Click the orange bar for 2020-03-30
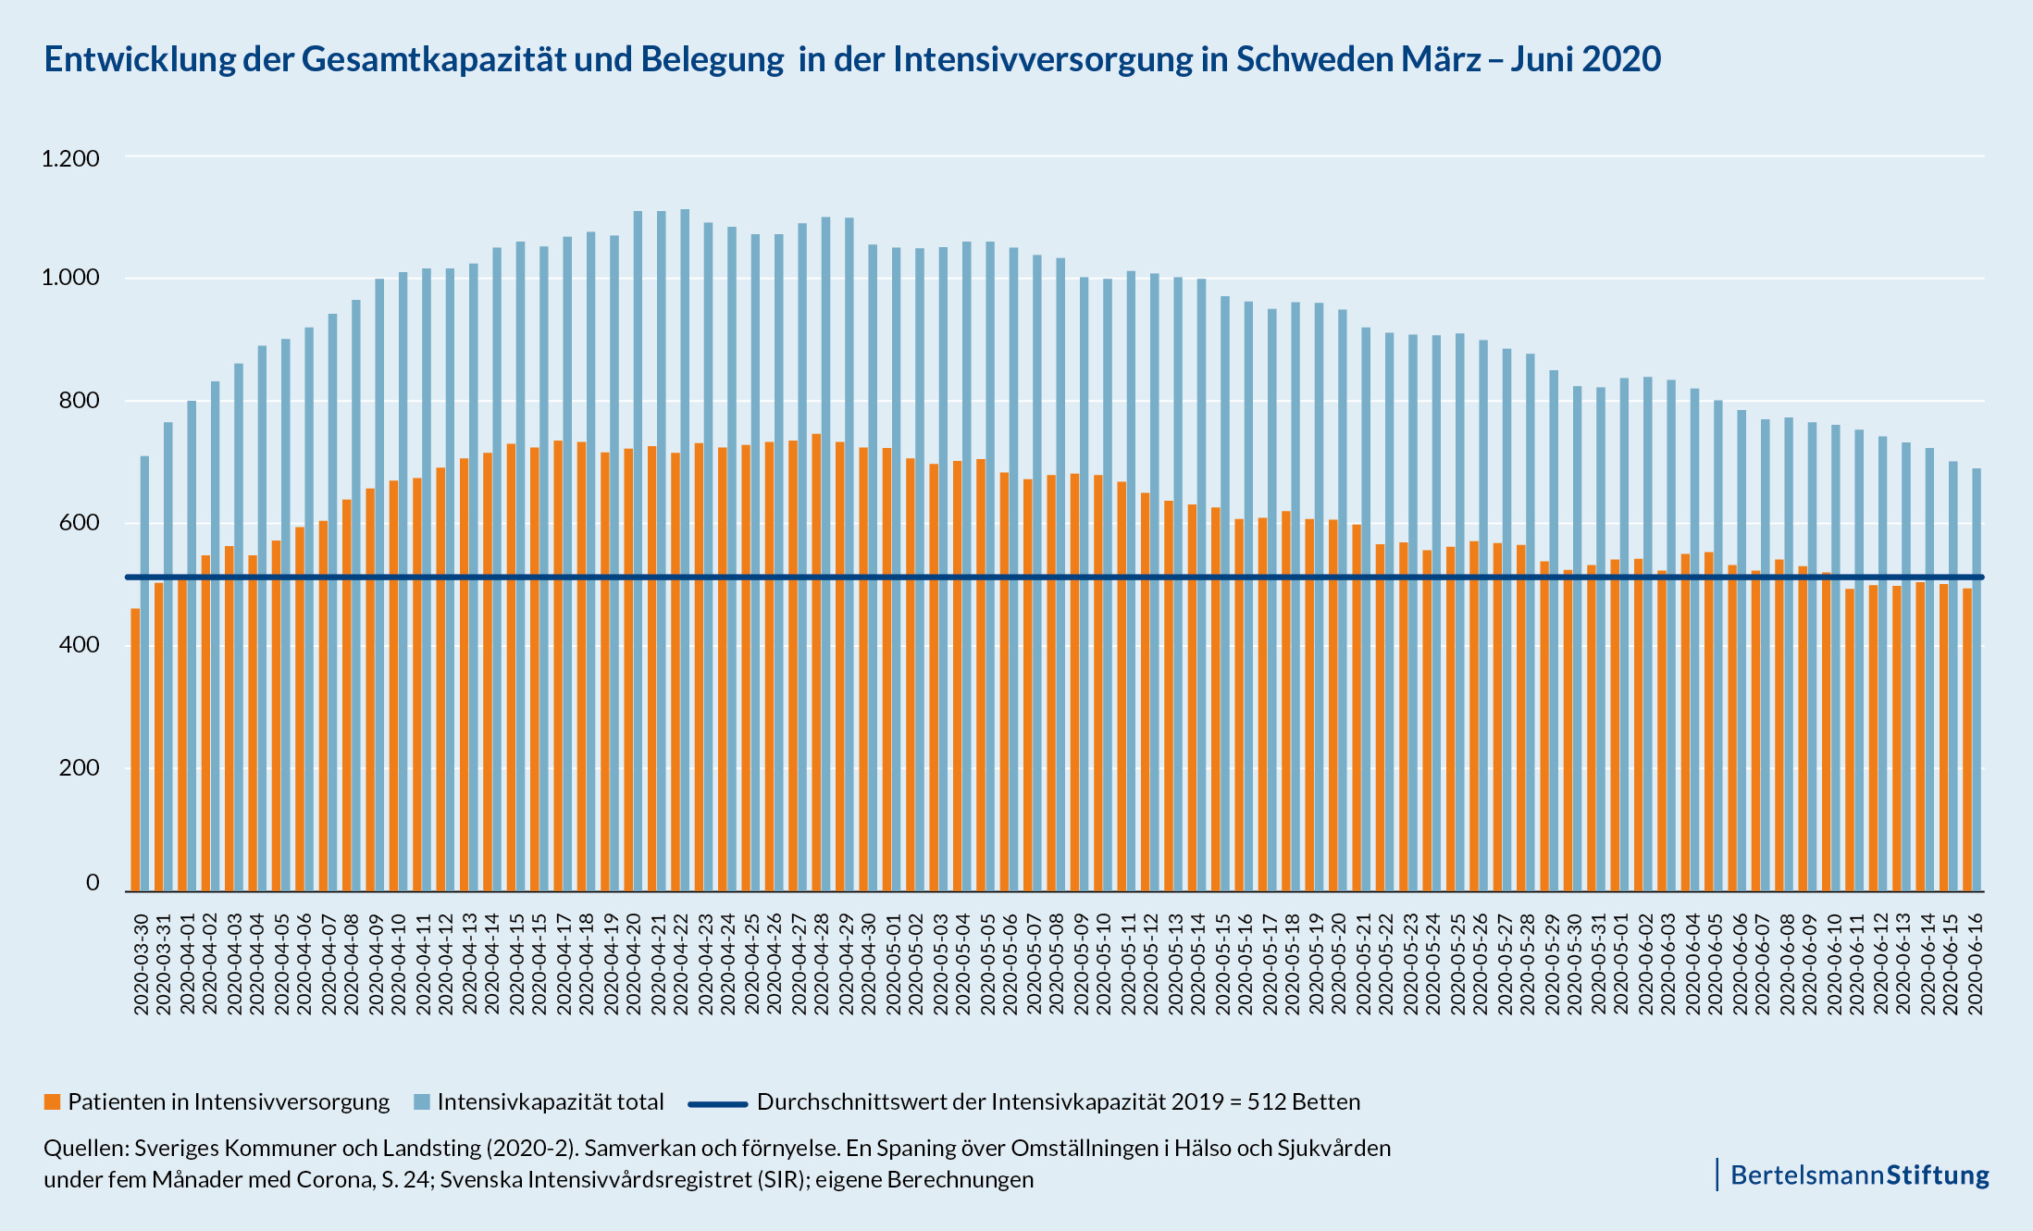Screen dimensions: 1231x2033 pyautogui.click(x=135, y=750)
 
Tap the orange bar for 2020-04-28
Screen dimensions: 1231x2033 pyautogui.click(x=816, y=663)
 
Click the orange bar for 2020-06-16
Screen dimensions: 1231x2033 pyautogui.click(x=1967, y=740)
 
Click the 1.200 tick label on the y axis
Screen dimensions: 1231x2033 pyautogui.click(x=70, y=158)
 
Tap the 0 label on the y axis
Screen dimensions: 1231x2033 pyautogui.click(x=93, y=883)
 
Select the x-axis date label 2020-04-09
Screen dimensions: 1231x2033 pyautogui.click(x=376, y=964)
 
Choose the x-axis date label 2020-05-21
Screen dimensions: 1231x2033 pyautogui.click(x=1363, y=964)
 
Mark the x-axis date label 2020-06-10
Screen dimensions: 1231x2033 pyautogui.click(x=1833, y=964)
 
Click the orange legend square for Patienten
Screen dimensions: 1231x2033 pyautogui.click(x=53, y=1101)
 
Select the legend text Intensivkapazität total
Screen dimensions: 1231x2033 pyautogui.click(x=551, y=1101)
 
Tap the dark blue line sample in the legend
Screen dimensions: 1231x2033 pyautogui.click(x=717, y=1103)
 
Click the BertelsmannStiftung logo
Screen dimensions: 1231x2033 pyautogui.click(x=1859, y=1175)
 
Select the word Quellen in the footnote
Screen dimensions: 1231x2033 pyautogui.click(x=84, y=1149)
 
